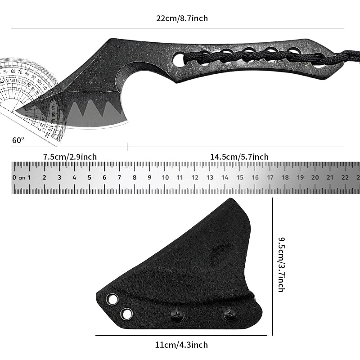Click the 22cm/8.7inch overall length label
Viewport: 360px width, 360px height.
(182, 18)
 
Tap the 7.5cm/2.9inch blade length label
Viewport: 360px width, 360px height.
(70, 157)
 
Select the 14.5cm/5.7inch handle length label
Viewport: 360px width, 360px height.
(239, 157)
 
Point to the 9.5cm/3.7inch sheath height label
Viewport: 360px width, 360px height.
(281, 265)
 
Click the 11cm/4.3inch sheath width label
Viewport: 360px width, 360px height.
(181, 345)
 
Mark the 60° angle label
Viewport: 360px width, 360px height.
(18, 140)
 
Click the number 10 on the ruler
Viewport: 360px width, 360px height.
(165, 177)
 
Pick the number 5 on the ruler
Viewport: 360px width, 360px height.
(89, 177)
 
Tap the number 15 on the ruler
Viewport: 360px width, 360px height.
(240, 177)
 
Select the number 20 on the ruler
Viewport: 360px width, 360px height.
(315, 177)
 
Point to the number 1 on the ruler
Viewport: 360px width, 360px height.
(29, 177)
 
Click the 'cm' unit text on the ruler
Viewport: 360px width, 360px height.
(21, 178)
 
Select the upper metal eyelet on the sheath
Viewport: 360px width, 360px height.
(112, 299)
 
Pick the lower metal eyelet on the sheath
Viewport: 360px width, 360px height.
(127, 314)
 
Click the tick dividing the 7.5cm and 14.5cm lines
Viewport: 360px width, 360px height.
(127, 146)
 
